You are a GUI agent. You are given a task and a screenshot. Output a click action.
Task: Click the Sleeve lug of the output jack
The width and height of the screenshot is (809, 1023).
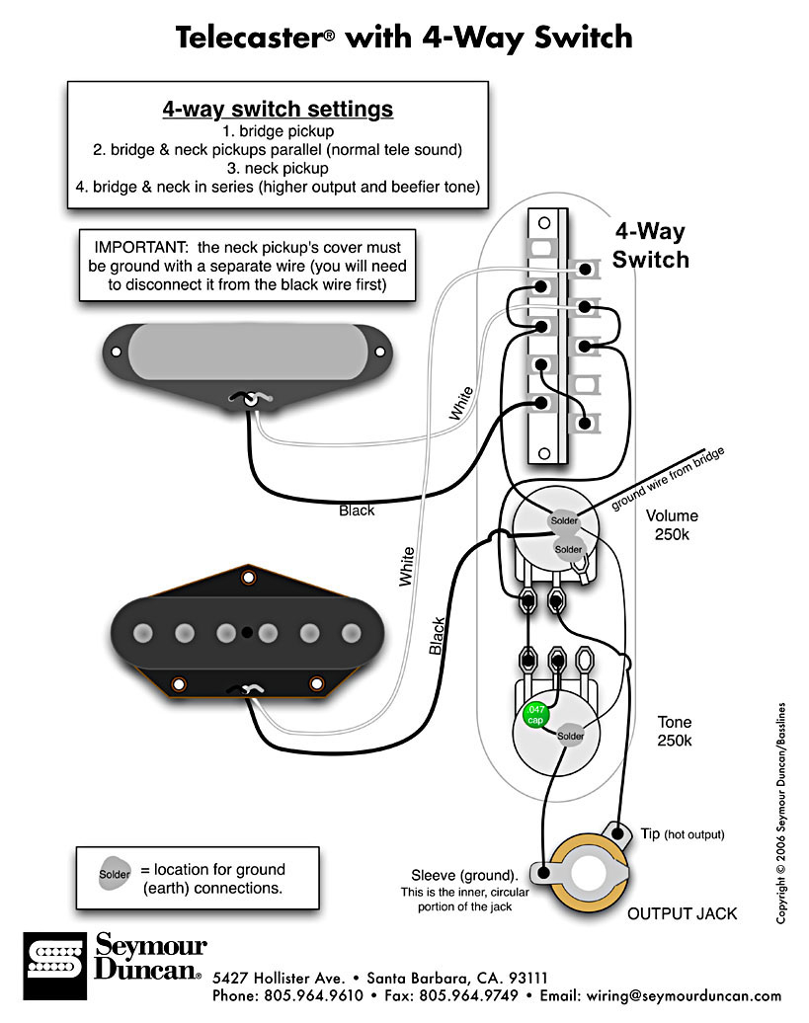click(541, 872)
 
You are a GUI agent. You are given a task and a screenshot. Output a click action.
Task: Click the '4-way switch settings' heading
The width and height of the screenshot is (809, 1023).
click(278, 109)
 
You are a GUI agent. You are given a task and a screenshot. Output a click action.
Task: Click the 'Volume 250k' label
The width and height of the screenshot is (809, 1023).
click(672, 524)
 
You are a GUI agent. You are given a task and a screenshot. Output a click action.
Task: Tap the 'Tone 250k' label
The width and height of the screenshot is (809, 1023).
click(676, 731)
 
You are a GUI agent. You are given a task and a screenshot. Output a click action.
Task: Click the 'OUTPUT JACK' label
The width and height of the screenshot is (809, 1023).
click(682, 913)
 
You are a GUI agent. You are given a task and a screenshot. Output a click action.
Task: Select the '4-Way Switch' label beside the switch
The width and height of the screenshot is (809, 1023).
click(650, 246)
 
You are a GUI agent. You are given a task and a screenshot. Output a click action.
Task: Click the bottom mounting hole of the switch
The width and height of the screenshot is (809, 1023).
click(541, 454)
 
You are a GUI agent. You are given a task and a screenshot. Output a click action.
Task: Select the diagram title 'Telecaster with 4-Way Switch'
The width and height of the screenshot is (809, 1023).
click(403, 38)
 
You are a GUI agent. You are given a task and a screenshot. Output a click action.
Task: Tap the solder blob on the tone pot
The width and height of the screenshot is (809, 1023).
click(571, 736)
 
